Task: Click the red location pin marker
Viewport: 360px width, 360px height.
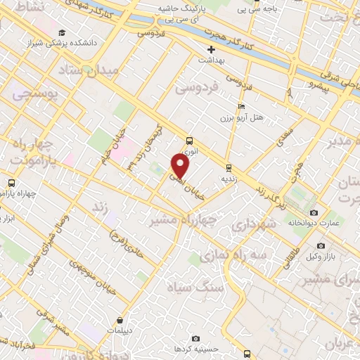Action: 181,167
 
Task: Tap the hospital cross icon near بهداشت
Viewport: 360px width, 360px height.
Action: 212,49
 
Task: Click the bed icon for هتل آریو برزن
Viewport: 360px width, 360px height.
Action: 242,106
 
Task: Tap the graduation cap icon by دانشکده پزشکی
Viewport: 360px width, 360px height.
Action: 63,32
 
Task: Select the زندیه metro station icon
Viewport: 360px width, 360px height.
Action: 229,167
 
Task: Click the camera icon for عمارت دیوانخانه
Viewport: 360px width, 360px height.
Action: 314,212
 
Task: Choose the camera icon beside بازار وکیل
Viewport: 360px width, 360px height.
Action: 321,246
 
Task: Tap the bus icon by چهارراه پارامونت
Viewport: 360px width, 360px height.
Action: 11,184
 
